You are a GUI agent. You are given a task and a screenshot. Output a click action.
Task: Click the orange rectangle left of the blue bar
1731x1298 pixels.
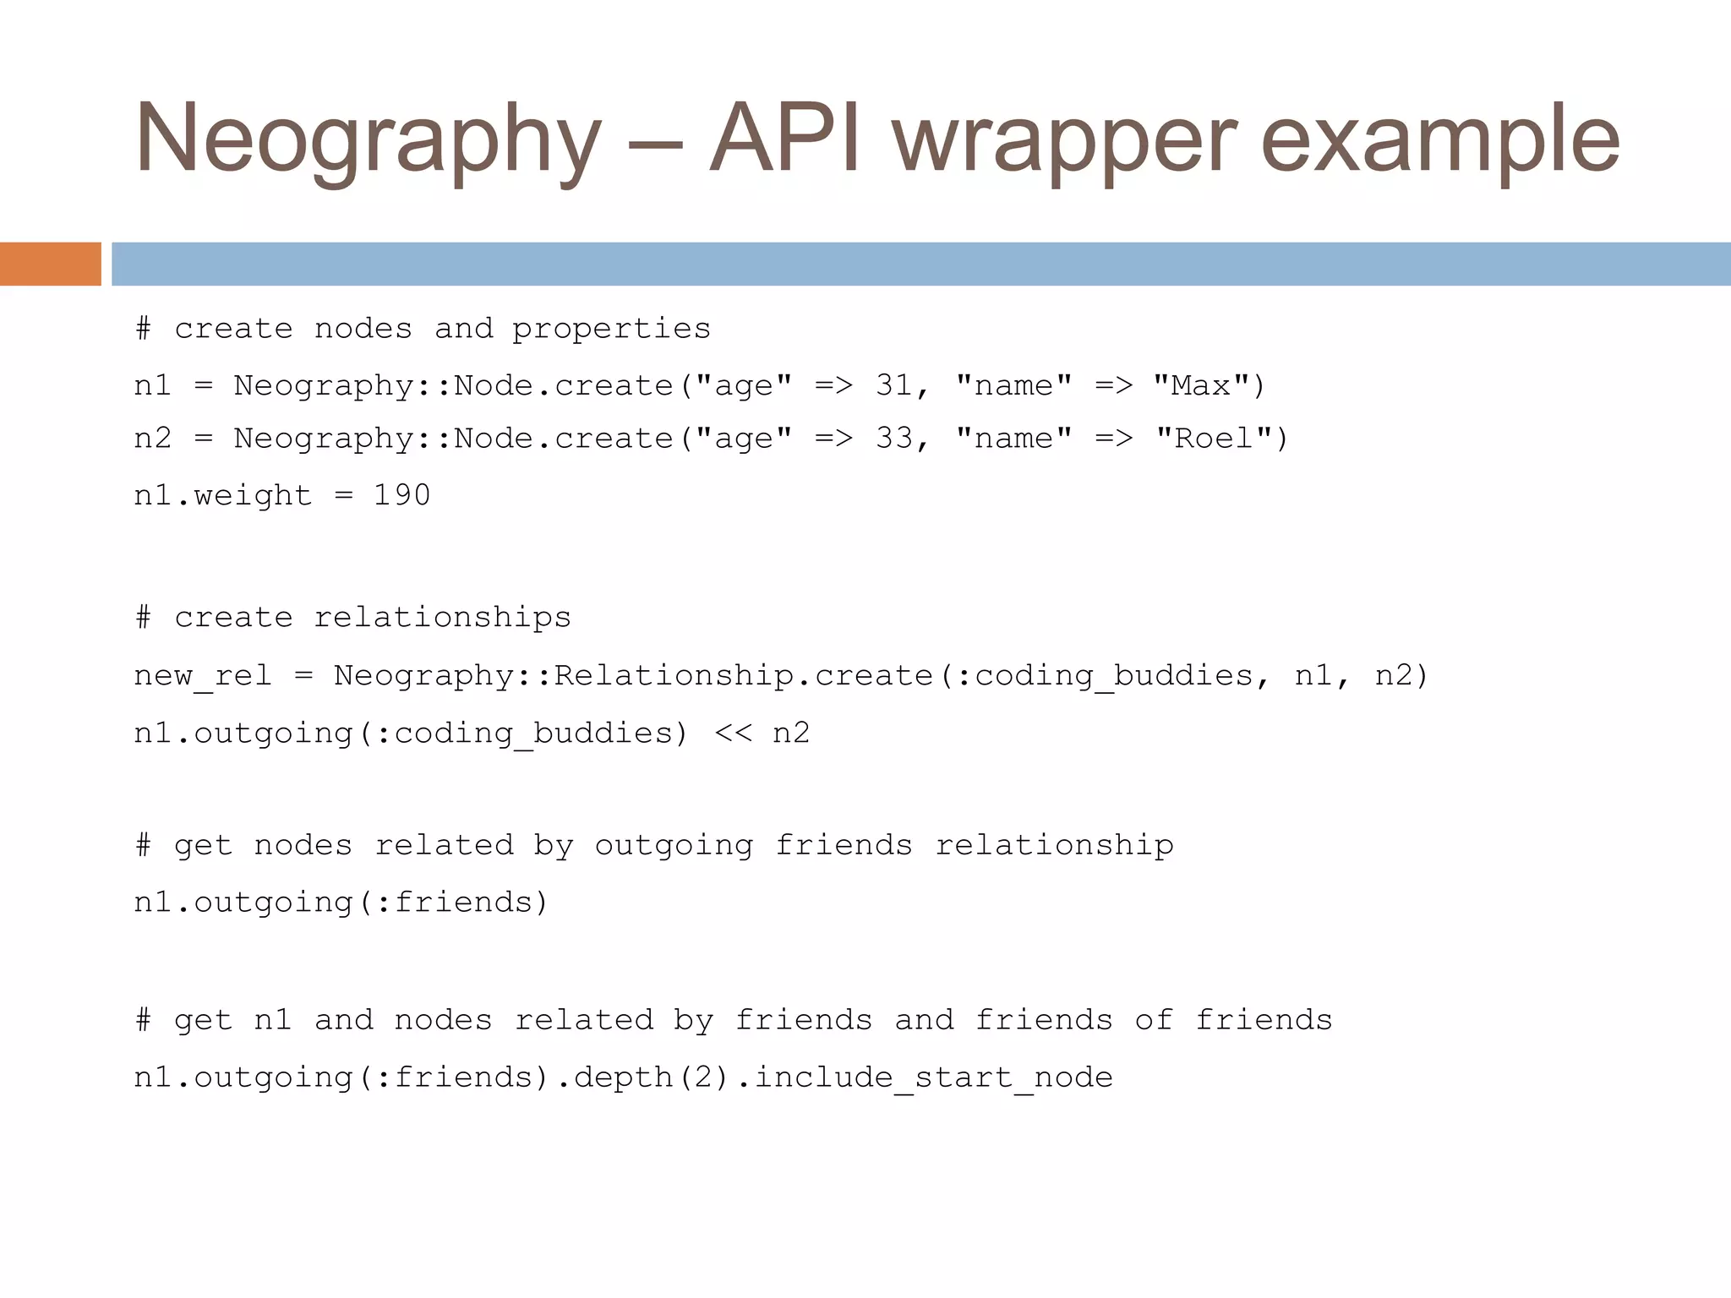coord(51,264)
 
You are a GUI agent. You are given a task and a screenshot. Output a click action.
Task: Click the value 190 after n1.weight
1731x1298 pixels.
coord(402,495)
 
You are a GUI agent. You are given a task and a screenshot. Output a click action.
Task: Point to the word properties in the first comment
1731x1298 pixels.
coord(611,329)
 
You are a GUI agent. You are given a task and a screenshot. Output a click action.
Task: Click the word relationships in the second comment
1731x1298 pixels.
coord(442,618)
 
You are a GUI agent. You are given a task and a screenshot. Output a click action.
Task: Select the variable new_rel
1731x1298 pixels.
coord(203,676)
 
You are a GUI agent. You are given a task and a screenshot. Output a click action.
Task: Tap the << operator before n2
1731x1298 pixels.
coord(733,733)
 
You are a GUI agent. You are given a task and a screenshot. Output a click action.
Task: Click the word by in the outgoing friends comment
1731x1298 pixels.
coord(554,846)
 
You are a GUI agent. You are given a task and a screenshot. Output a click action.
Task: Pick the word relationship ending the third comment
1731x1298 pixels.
coord(1054,846)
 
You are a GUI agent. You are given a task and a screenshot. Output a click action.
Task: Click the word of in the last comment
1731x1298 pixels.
coord(1154,1020)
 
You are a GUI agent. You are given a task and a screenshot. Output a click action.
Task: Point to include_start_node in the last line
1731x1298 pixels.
coord(933,1077)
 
